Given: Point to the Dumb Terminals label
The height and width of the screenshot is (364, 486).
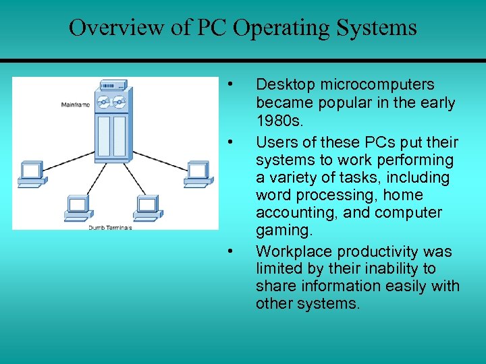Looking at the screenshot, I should [110, 228].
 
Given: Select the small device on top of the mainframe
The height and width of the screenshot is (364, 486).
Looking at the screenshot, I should [113, 85].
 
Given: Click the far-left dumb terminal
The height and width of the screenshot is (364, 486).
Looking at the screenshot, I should [30, 173].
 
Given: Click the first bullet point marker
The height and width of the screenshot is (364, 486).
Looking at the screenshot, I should [231, 85].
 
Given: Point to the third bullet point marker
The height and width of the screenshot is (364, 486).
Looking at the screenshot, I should [231, 252].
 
